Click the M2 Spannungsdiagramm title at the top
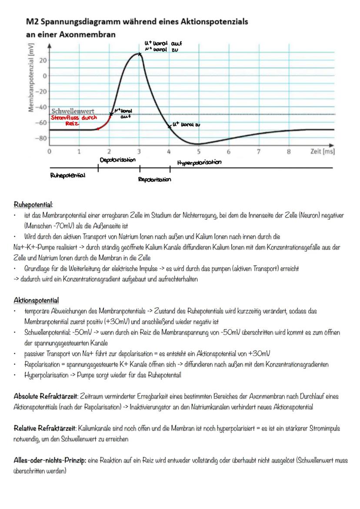click(x=137, y=21)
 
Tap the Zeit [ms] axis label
click(x=323, y=152)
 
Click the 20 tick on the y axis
click(x=43, y=60)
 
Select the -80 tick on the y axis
click(x=42, y=138)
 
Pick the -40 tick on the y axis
click(x=42, y=107)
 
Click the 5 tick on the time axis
click(x=199, y=152)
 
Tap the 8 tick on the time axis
click(x=288, y=152)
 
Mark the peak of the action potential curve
click(x=139, y=54)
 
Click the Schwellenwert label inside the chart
click(x=73, y=112)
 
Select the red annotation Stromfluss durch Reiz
click(x=74, y=120)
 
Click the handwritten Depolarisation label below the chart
click(x=117, y=160)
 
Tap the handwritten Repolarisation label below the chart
click(x=153, y=179)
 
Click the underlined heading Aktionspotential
click(x=36, y=300)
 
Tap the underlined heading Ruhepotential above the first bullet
click(x=33, y=204)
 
